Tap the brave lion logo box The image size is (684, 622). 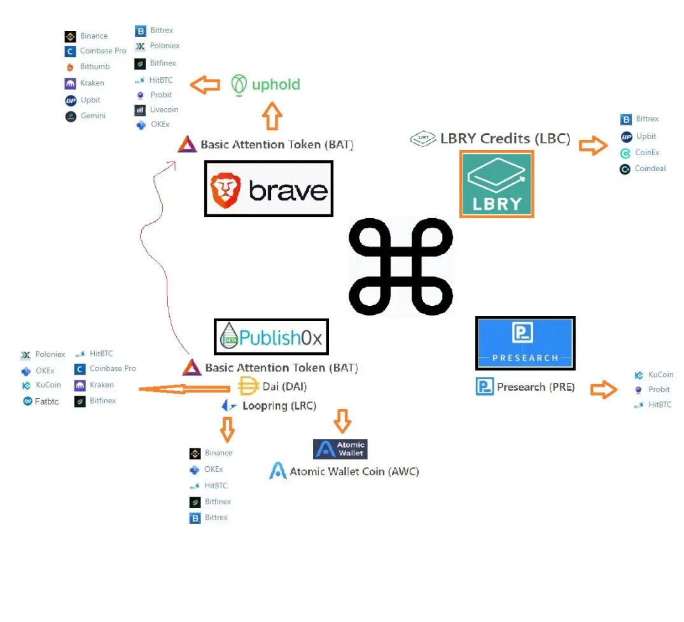click(x=269, y=188)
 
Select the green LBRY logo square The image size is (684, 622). click(x=496, y=184)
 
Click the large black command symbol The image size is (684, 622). click(x=400, y=266)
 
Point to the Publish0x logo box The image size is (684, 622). click(x=271, y=336)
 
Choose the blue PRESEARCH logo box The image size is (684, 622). click(x=525, y=343)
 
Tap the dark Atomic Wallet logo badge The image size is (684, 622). click(x=340, y=449)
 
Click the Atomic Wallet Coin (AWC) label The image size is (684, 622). click(x=344, y=471)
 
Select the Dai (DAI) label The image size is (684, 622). click(x=272, y=386)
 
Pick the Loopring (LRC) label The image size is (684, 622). click(x=269, y=405)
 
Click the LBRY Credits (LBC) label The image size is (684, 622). click(x=491, y=138)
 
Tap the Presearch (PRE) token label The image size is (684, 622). click(x=525, y=387)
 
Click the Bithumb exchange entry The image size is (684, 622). click(x=88, y=67)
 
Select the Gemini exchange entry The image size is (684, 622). click(x=85, y=116)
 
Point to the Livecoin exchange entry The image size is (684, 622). click(x=157, y=110)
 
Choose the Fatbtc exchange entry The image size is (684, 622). click(x=41, y=401)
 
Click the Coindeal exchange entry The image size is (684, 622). click(x=643, y=169)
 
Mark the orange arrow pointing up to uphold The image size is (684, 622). click(x=272, y=116)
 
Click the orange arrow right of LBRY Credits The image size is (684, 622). click(x=593, y=145)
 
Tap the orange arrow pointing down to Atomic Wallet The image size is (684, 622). click(x=342, y=421)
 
